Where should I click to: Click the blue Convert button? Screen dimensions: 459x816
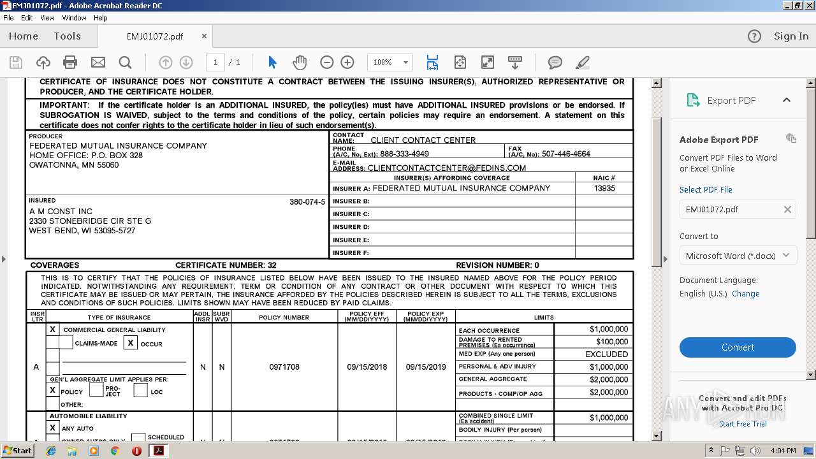click(x=738, y=347)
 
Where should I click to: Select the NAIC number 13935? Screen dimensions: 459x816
click(x=604, y=189)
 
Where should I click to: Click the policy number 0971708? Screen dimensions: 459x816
click(x=284, y=367)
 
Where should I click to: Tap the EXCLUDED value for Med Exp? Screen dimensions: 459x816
click(x=606, y=354)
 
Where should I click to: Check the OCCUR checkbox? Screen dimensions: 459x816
click(x=131, y=343)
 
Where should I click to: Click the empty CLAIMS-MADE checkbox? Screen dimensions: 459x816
click(x=66, y=343)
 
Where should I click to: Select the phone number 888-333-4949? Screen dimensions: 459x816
click(x=404, y=154)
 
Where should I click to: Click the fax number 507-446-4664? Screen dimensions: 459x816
click(x=565, y=154)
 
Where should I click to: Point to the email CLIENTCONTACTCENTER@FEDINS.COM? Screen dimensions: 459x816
click(x=446, y=168)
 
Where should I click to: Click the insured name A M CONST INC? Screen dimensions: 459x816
click(x=61, y=211)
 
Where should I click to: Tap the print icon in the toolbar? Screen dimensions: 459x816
click(x=70, y=62)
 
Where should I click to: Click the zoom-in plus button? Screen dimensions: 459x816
click(x=347, y=62)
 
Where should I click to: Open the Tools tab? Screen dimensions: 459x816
click(x=67, y=36)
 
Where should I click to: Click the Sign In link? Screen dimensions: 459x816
click(x=790, y=36)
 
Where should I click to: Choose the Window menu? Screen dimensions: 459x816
click(x=74, y=18)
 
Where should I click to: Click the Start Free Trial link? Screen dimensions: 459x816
click(x=743, y=424)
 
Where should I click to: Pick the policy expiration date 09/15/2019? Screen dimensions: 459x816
click(x=426, y=367)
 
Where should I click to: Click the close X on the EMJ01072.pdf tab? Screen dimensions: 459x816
click(x=204, y=36)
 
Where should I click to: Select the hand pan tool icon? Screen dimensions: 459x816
click(x=300, y=62)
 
